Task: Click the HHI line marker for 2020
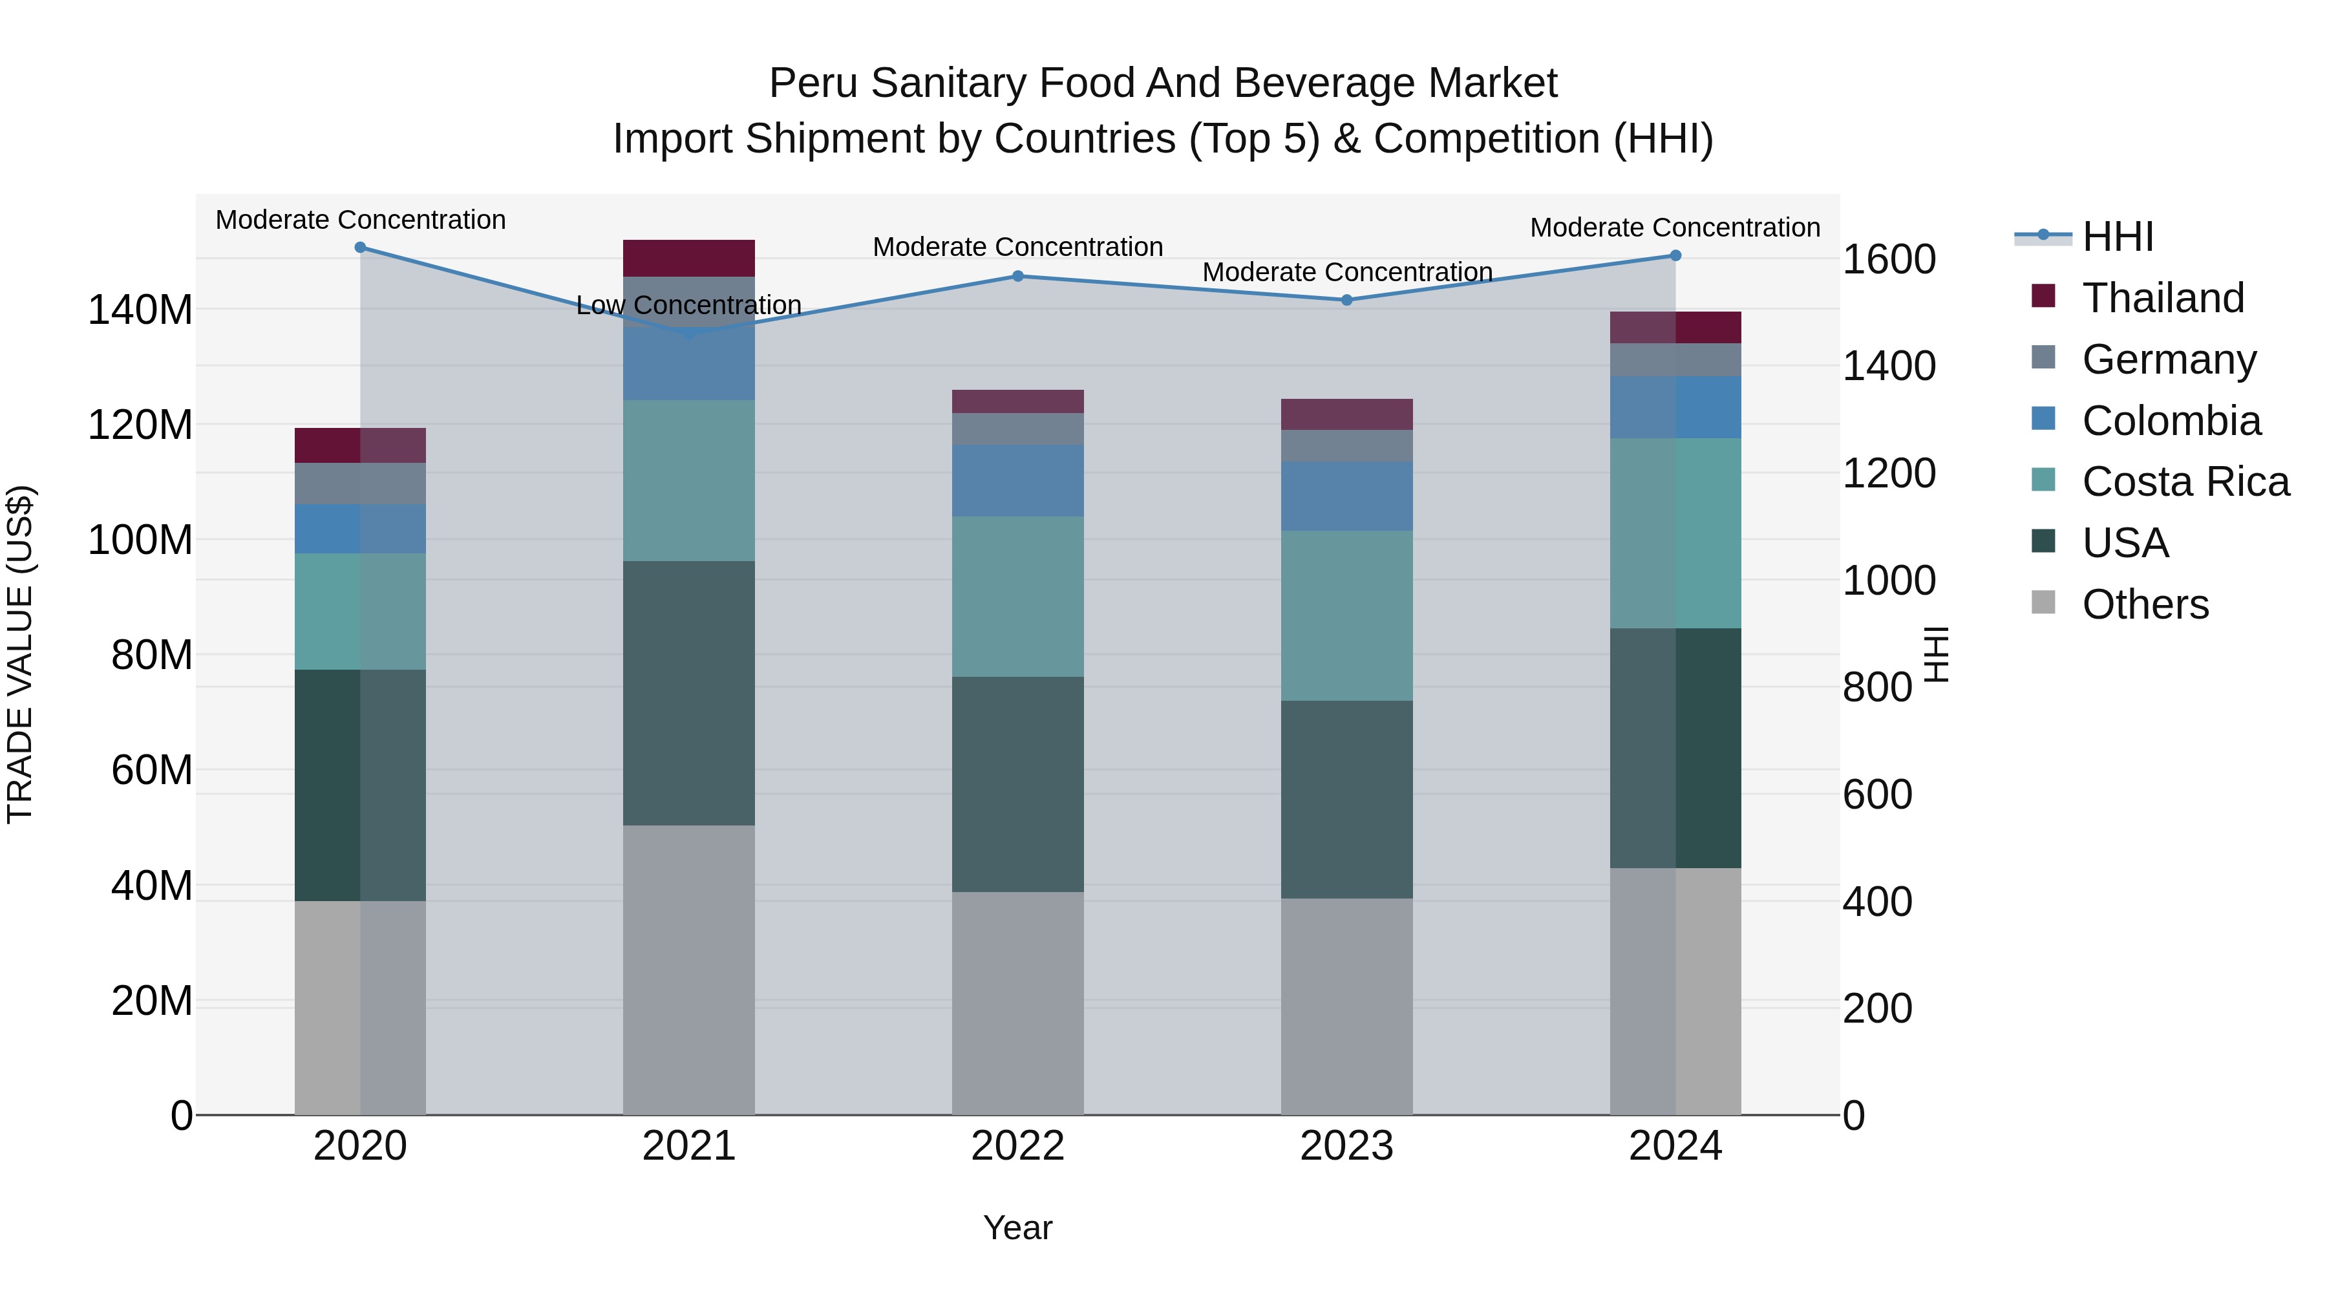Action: pos(361,248)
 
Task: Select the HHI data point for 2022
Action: pos(1018,277)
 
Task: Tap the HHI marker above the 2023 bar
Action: pos(1347,300)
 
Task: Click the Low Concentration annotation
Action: pos(688,305)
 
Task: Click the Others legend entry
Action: pos(2145,604)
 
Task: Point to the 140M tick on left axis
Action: pos(140,310)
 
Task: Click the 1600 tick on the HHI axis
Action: pos(1889,260)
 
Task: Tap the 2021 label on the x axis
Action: pos(688,1146)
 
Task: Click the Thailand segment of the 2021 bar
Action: pos(688,259)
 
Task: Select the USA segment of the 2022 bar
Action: pos(1018,784)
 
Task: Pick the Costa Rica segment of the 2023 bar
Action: pos(1347,615)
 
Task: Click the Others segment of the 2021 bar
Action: pos(688,970)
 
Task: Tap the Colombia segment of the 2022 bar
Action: pos(1018,480)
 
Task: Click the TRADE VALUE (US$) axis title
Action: pos(20,654)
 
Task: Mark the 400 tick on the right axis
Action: pos(1877,902)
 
